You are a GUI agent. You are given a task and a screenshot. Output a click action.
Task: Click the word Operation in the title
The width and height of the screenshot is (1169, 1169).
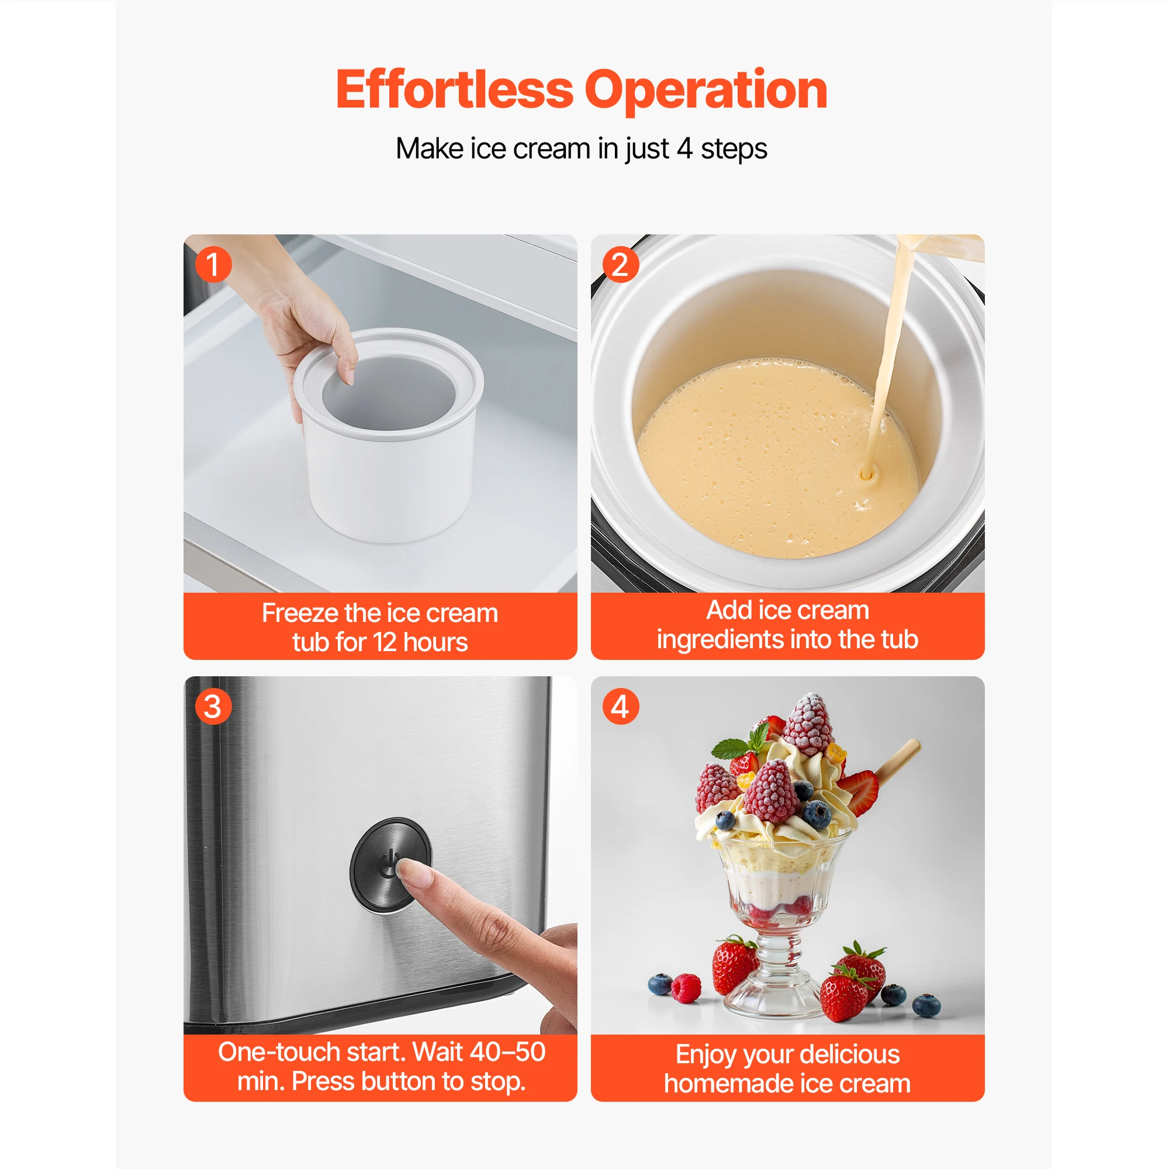click(705, 91)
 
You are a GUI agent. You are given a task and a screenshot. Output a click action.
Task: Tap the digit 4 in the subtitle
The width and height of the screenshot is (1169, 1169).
click(684, 148)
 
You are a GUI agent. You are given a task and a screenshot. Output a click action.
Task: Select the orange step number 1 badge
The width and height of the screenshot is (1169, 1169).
click(213, 264)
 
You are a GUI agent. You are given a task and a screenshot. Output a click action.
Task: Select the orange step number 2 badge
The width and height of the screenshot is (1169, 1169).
click(621, 264)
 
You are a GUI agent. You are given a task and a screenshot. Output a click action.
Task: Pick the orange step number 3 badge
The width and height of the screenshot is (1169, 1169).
click(213, 706)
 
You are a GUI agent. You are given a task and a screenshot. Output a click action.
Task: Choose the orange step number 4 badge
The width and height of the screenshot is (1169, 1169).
click(621, 706)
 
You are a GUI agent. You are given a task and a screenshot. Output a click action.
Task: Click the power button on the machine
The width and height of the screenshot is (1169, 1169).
click(390, 864)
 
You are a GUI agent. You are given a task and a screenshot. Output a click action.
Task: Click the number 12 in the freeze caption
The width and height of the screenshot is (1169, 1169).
click(384, 642)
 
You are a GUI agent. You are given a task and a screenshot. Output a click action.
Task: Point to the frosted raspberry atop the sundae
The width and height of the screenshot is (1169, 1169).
click(808, 724)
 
